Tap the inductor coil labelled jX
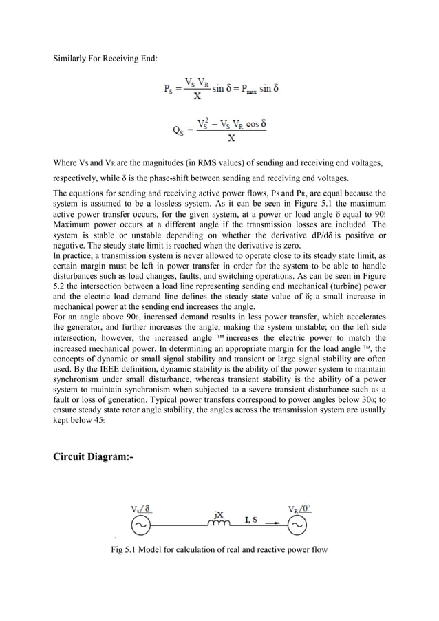coord(219,523)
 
